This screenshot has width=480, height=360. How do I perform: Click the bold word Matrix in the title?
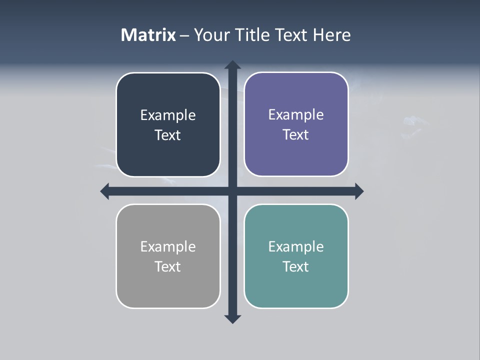coord(148,35)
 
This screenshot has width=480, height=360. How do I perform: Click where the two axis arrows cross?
coord(232,191)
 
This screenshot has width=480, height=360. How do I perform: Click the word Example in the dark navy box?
coord(168,115)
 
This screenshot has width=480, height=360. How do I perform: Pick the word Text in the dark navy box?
coord(168,135)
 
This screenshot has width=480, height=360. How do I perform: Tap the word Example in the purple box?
coord(296,115)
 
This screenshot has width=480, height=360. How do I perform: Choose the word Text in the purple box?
coord(296,135)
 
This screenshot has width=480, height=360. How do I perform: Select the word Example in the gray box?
coord(168,247)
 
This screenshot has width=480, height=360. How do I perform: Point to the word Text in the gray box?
coord(168,267)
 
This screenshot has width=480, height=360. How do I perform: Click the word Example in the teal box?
coord(296,247)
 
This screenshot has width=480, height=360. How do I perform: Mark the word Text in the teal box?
coord(296,267)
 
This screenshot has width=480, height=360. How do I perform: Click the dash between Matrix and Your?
coord(184,35)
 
